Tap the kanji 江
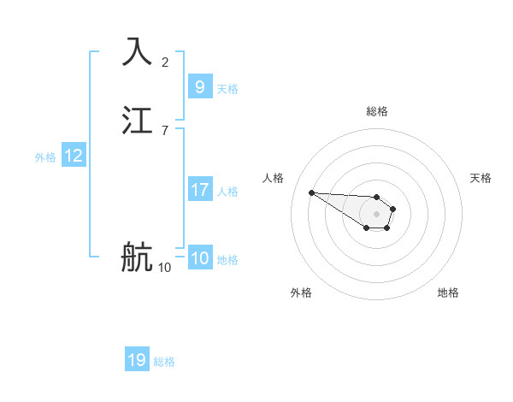coord(138,121)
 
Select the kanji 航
coord(137,257)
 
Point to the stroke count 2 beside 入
coord(165,62)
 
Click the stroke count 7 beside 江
coord(165,131)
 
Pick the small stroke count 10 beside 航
coord(164,268)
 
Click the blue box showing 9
coord(199,86)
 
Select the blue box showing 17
coord(199,189)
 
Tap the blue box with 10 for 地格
coord(200,257)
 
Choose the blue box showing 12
coord(74,156)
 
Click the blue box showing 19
coord(137,360)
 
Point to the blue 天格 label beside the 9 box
coord(227,88)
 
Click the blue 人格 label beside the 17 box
coord(227,191)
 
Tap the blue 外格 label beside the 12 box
coord(45,157)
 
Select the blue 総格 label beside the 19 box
coord(164,362)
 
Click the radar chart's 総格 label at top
coord(377,111)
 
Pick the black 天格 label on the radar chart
coord(481,178)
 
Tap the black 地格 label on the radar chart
coord(448,293)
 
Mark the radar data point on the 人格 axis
coord(312,192)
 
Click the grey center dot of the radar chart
coord(376,213)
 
